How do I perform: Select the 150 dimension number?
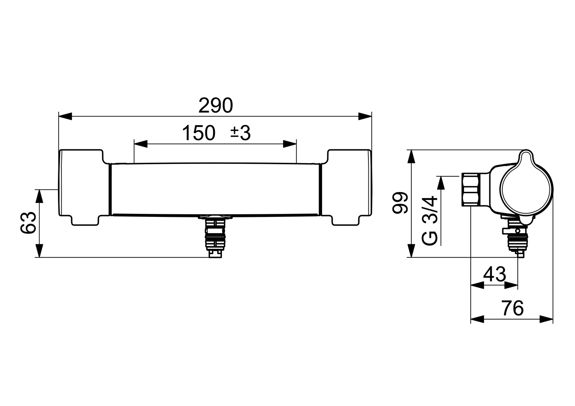[198, 133]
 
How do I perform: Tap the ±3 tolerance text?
[240, 133]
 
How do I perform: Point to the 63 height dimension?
[29, 223]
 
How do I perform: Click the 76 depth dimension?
[512, 308]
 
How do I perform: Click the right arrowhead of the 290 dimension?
[365, 116]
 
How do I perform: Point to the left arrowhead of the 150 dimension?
[141, 144]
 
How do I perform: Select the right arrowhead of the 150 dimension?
[290, 144]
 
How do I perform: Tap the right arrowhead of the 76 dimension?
[546, 319]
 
